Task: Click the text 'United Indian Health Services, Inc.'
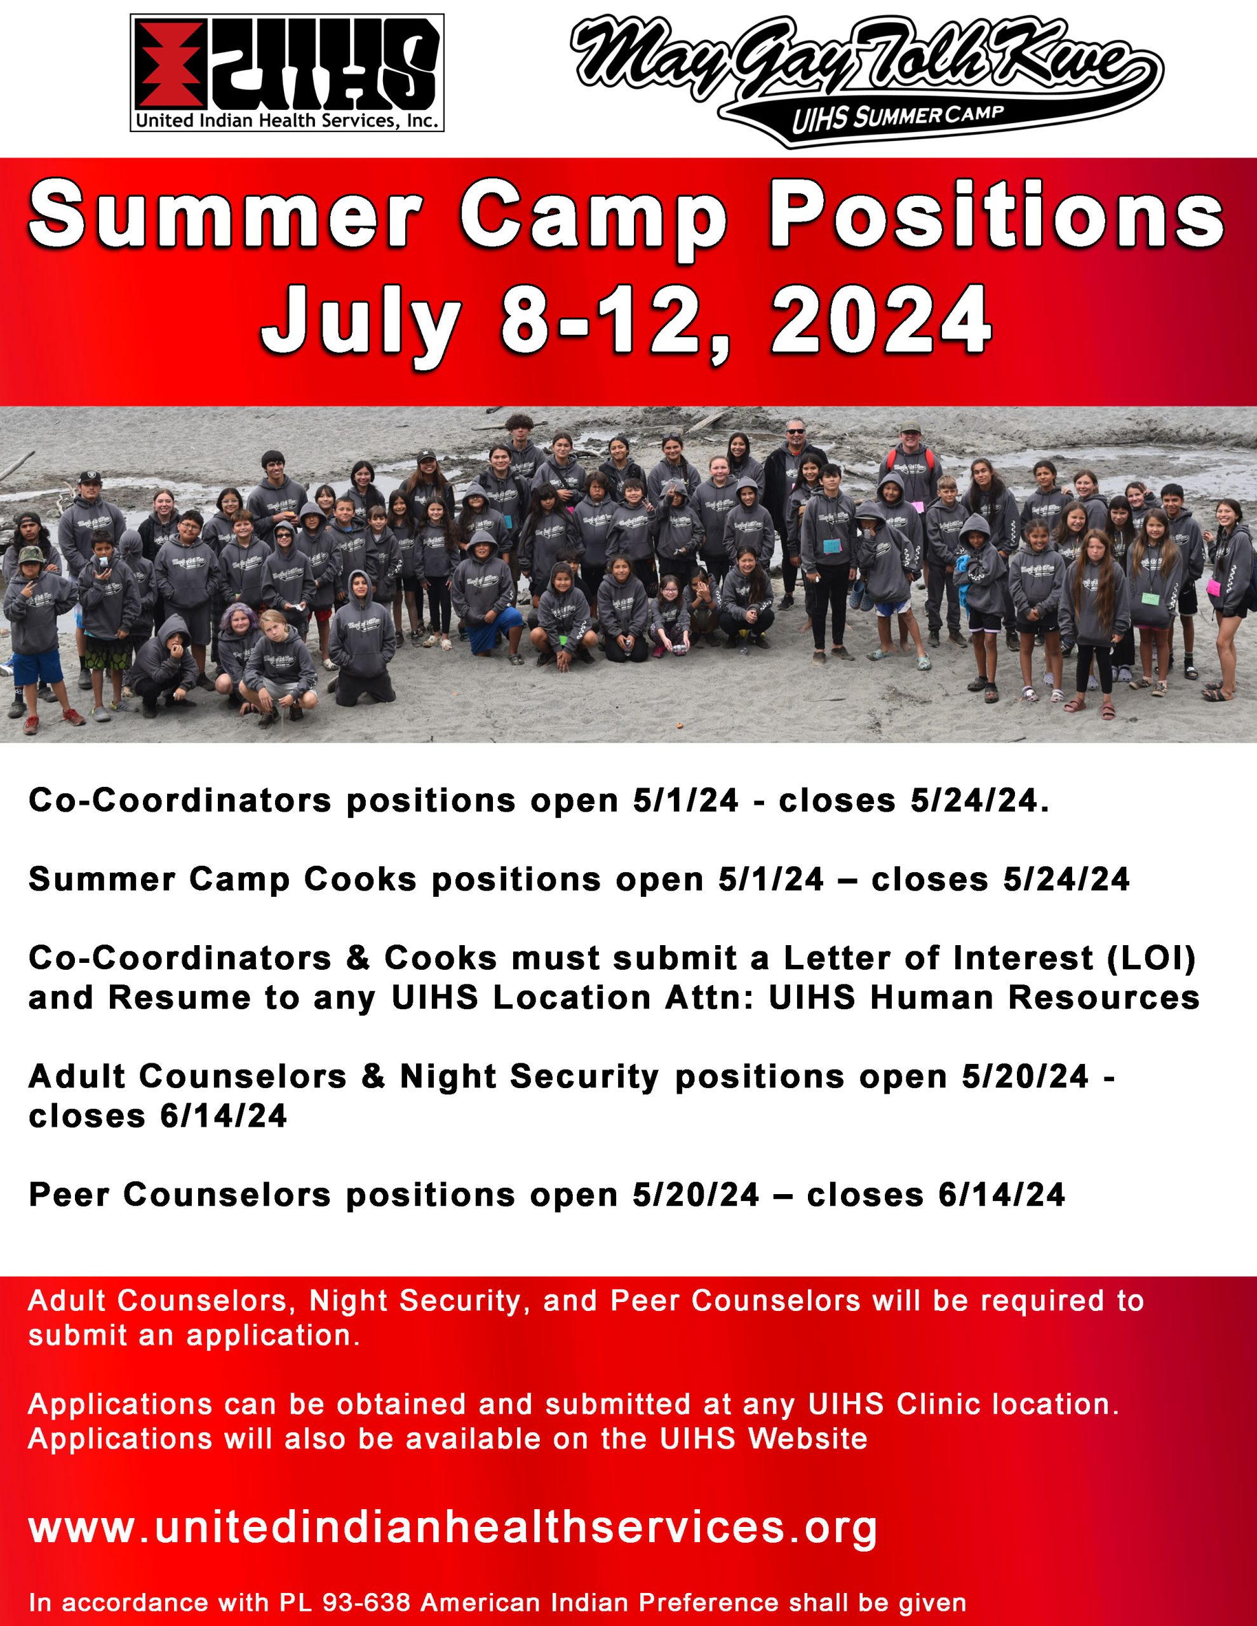click(x=286, y=121)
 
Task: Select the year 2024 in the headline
click(x=881, y=319)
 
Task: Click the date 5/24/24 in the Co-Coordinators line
click(x=980, y=801)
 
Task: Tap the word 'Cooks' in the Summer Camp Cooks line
click(x=360, y=879)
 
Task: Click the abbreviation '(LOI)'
click(x=1152, y=958)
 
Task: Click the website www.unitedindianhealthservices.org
click(x=453, y=1528)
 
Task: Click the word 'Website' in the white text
click(x=808, y=1439)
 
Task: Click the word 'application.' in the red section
click(x=273, y=1336)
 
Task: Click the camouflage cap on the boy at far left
click(x=30, y=554)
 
